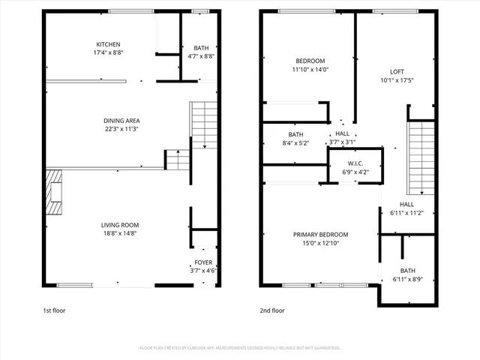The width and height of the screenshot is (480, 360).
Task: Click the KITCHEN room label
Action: click(x=108, y=44)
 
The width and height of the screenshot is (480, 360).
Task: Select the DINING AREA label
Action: click(x=121, y=120)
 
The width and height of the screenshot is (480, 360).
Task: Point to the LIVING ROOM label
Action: click(x=120, y=224)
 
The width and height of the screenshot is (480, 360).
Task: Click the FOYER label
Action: click(x=203, y=262)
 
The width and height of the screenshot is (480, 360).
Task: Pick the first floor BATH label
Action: click(x=200, y=46)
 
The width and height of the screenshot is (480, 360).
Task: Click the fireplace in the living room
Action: click(x=54, y=193)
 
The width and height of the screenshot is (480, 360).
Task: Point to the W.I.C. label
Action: click(x=355, y=163)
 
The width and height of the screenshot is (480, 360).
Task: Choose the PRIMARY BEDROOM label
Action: click(x=320, y=234)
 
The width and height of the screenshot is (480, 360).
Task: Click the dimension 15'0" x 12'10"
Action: click(x=320, y=244)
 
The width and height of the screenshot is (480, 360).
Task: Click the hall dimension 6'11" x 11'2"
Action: click(x=406, y=213)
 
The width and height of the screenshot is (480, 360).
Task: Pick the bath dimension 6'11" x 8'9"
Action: click(x=407, y=280)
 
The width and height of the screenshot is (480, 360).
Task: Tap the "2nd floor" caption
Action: click(x=272, y=310)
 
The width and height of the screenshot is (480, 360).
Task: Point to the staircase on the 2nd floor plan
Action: click(x=420, y=157)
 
